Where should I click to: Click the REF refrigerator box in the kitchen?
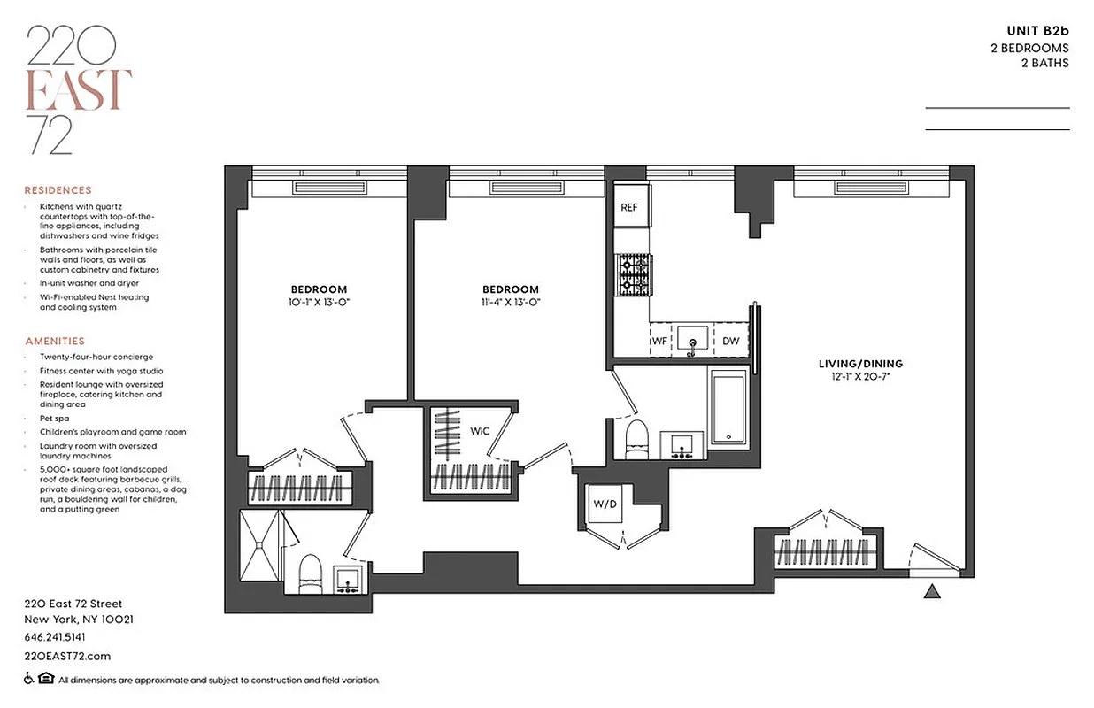click(629, 208)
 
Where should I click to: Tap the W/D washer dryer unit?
click(605, 506)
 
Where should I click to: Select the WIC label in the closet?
click(480, 431)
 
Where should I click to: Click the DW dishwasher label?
click(730, 341)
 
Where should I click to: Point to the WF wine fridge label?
click(659, 341)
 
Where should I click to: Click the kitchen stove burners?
click(633, 274)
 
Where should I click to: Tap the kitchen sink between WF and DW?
click(695, 339)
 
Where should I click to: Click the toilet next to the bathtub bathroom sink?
click(636, 439)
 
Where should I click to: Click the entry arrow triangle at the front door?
click(931, 591)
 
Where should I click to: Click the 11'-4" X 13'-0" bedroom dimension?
click(511, 302)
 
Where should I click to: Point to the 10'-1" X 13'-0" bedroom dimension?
click(319, 302)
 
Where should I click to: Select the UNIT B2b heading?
click(1037, 32)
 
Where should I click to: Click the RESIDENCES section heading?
click(58, 190)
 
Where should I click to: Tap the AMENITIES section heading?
click(55, 341)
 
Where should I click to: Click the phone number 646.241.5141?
click(55, 637)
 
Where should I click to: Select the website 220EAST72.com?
click(67, 656)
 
